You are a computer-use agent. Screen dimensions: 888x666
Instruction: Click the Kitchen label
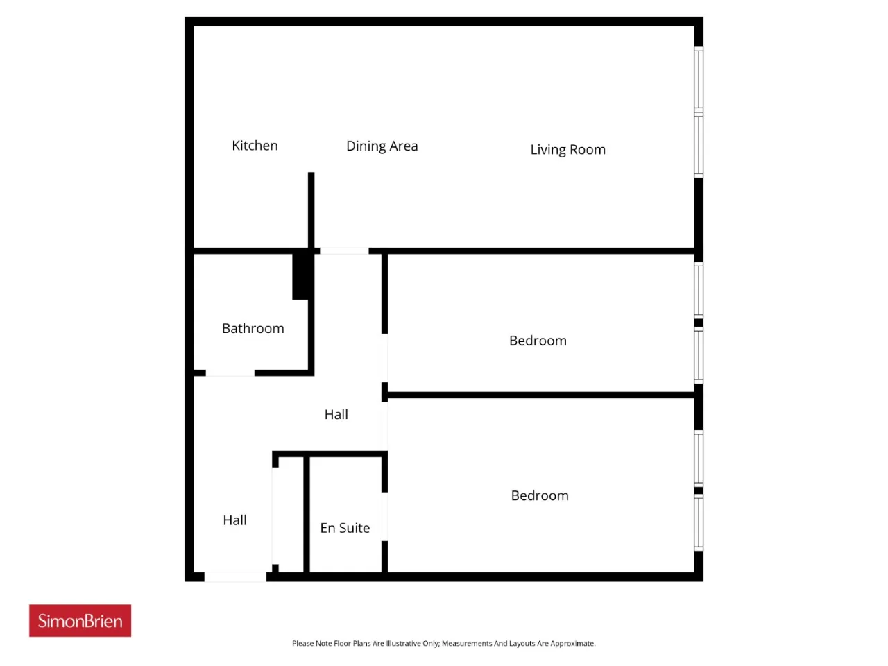point(255,145)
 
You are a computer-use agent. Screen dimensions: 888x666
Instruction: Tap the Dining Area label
point(382,146)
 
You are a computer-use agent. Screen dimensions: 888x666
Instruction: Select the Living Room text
point(567,150)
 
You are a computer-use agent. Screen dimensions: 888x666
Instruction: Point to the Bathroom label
point(253,328)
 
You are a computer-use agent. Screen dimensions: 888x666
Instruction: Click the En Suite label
point(345,528)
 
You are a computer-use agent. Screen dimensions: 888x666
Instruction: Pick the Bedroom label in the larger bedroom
point(540,495)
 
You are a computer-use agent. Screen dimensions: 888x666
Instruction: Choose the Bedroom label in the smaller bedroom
point(538,341)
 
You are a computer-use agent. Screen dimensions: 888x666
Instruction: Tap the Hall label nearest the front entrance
point(234,520)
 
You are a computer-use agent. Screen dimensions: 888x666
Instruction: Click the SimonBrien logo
point(80,620)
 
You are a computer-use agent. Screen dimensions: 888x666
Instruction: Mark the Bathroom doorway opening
point(230,373)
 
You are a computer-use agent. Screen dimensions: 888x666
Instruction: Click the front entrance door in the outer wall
point(235,577)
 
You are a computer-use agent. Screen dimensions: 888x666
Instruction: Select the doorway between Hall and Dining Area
point(344,250)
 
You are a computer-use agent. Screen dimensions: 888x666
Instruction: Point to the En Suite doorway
point(385,516)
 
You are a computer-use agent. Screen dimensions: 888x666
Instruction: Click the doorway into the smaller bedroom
point(385,358)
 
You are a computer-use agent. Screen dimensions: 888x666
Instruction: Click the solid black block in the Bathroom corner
point(300,277)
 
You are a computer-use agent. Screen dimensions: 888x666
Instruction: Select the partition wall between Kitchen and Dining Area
point(311,210)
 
